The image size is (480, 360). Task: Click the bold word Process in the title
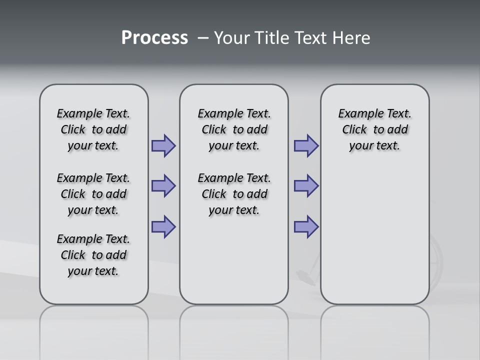(154, 38)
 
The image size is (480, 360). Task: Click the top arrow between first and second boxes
(163, 146)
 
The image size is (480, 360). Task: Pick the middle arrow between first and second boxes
(163, 186)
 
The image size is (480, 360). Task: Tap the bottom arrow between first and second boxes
(163, 227)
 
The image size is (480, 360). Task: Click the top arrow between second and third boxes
(306, 146)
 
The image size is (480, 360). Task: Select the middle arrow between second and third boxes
(306, 186)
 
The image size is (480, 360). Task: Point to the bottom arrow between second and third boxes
(306, 227)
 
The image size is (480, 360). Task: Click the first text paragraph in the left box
(93, 129)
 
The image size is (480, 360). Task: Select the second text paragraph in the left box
(93, 194)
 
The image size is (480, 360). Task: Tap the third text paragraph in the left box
(93, 255)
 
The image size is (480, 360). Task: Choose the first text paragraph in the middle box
(234, 129)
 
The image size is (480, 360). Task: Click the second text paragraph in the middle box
(234, 194)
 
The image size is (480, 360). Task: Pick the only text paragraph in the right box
(375, 129)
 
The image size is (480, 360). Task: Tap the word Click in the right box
(354, 130)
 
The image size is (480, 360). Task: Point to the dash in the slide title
(203, 38)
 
